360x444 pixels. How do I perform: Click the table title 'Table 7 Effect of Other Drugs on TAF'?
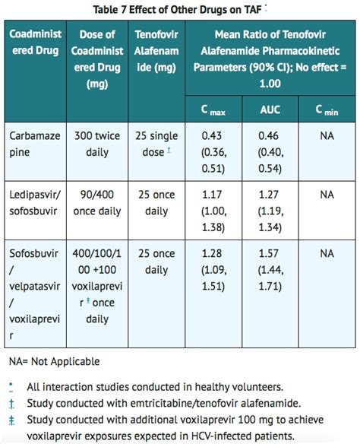coord(177,10)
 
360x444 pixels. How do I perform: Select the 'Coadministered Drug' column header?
coord(36,42)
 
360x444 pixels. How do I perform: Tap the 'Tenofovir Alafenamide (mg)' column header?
coord(156,51)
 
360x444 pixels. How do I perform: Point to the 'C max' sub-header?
coord(213,109)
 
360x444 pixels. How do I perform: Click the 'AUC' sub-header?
coord(270,109)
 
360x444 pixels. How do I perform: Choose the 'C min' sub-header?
coord(327,109)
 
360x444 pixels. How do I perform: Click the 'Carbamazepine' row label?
coord(35,144)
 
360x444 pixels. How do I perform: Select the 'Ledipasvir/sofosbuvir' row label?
coord(35,203)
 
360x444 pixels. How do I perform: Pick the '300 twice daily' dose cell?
coord(97,144)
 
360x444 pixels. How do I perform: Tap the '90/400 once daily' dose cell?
coord(97,203)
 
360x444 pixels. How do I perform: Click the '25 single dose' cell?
coord(156,144)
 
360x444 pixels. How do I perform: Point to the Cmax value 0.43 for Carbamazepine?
coord(212,135)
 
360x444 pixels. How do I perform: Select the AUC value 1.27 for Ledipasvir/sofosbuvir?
coord(269,195)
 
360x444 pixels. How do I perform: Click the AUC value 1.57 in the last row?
coord(269,253)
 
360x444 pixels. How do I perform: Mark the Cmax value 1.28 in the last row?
coord(212,253)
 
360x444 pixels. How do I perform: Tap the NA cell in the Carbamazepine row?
coord(327,136)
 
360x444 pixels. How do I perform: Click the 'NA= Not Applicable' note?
coord(54,362)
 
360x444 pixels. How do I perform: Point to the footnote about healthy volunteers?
coord(155,387)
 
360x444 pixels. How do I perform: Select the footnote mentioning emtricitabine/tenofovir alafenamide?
coord(164,403)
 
